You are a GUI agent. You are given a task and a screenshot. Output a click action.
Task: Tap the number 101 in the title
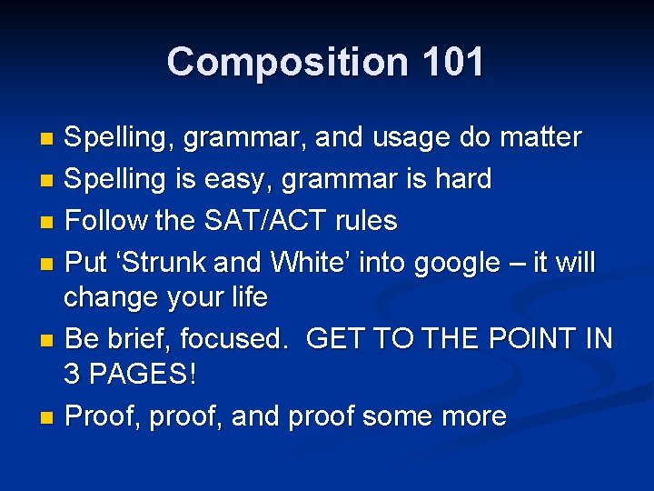click(451, 62)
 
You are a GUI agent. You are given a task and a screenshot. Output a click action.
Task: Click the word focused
click(233, 339)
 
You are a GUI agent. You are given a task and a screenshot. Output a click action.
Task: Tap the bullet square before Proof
click(48, 418)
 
